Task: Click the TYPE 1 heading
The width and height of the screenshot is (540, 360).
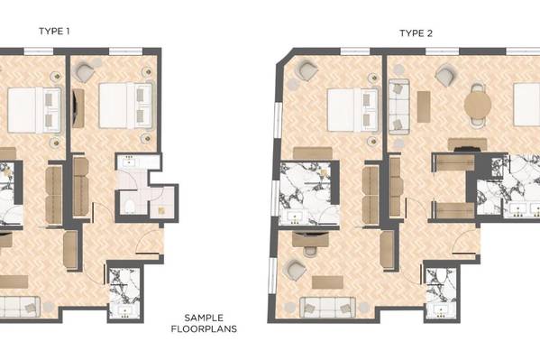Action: (54, 32)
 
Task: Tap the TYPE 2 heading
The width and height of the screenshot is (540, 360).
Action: (416, 33)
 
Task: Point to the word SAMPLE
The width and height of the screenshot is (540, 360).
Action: (204, 318)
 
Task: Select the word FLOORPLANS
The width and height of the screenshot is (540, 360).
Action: (204, 329)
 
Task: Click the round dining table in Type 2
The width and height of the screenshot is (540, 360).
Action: (478, 105)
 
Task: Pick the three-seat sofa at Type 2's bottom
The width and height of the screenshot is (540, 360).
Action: (327, 308)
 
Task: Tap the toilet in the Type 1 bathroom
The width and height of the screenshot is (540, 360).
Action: (130, 207)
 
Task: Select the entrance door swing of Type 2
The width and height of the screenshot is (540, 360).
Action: (465, 243)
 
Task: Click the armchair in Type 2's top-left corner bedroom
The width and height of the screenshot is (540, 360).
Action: (307, 70)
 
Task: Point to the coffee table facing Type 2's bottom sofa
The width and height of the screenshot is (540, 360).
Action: (327, 282)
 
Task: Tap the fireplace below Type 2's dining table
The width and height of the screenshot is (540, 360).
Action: (467, 148)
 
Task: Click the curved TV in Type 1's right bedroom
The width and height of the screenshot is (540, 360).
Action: (78, 108)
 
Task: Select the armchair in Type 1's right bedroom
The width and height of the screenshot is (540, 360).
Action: (85, 72)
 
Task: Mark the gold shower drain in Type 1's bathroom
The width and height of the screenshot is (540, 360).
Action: (161, 211)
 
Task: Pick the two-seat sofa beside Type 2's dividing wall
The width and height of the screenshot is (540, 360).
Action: (398, 106)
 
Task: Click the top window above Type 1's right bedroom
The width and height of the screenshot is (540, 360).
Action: (125, 51)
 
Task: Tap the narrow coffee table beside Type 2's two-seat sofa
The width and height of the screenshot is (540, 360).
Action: (424, 106)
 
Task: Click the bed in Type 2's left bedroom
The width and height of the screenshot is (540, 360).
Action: (352, 110)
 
